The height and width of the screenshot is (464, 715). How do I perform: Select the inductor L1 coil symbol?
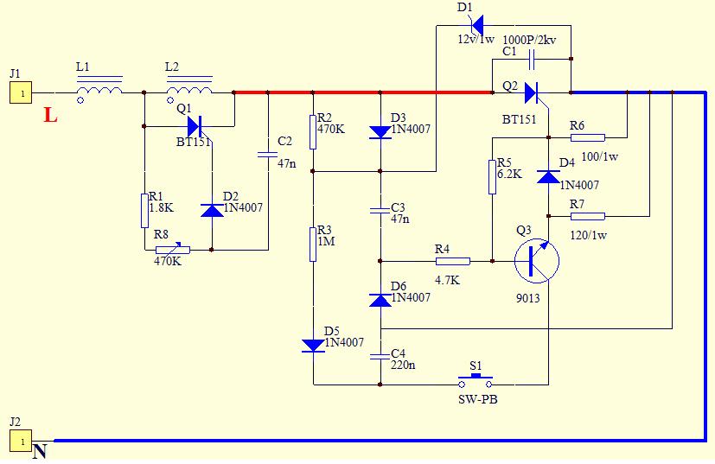[99, 88]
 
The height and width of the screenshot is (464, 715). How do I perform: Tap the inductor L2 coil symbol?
[189, 88]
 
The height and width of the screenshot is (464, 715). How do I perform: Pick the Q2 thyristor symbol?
[532, 92]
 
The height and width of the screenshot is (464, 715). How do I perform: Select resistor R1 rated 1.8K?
[145, 211]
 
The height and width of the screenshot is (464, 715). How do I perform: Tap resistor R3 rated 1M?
[313, 243]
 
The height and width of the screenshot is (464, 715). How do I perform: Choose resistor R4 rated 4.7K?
[452, 261]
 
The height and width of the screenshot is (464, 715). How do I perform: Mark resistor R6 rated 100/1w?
[587, 137]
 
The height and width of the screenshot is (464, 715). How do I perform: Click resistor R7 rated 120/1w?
[587, 215]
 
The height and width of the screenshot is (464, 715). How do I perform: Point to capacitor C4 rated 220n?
[380, 354]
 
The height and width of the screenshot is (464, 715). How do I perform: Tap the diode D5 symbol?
[313, 345]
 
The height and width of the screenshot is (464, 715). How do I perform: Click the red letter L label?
[50, 114]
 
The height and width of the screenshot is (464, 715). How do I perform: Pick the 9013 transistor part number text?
[527, 298]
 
